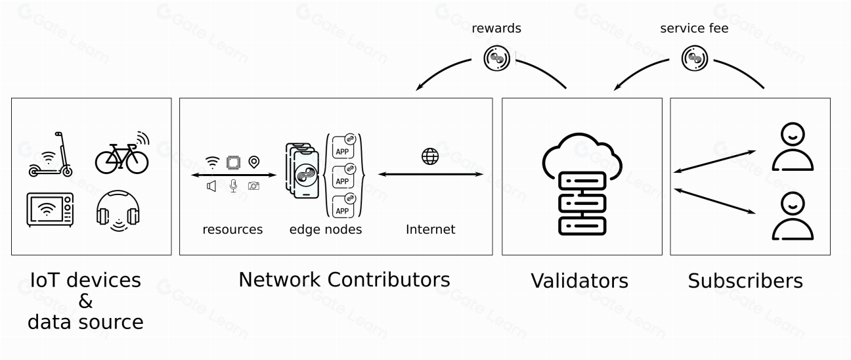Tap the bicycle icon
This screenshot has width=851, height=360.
pyautogui.click(x=121, y=154)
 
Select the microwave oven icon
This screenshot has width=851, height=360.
pyautogui.click(x=50, y=209)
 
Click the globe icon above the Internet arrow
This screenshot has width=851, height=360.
pyautogui.click(x=430, y=156)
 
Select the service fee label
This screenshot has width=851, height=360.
pyautogui.click(x=693, y=28)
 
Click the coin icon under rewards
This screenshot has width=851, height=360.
pyautogui.click(x=497, y=59)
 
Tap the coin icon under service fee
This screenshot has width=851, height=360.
pyautogui.click(x=694, y=59)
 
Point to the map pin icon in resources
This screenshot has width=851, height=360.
pyautogui.click(x=253, y=162)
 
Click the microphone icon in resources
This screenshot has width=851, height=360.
pyautogui.click(x=233, y=186)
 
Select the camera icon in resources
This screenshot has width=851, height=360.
pyautogui.click(x=253, y=187)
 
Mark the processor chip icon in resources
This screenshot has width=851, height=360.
pyautogui.click(x=232, y=162)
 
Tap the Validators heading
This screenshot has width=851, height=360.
pyautogui.click(x=579, y=281)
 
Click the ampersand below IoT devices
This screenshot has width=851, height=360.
pyautogui.click(x=86, y=302)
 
